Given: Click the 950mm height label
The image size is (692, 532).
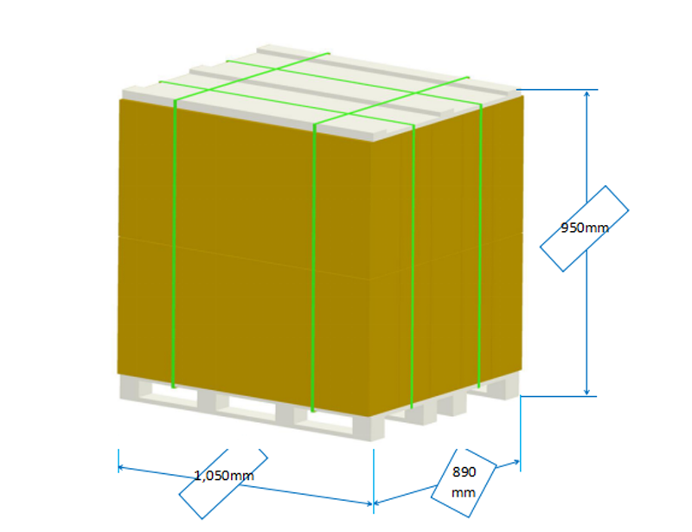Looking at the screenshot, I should (x=584, y=228).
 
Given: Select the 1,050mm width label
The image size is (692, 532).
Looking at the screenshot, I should (x=223, y=475).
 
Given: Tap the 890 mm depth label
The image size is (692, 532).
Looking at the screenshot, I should (x=464, y=482).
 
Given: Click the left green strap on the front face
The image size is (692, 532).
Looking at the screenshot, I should (x=174, y=242).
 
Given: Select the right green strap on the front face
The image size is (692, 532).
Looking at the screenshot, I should (x=313, y=260).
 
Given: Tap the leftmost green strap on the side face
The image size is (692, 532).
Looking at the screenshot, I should (x=413, y=268).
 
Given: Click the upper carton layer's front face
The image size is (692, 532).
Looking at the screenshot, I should (x=242, y=173).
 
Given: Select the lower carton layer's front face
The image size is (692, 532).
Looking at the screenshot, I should (x=242, y=320).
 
